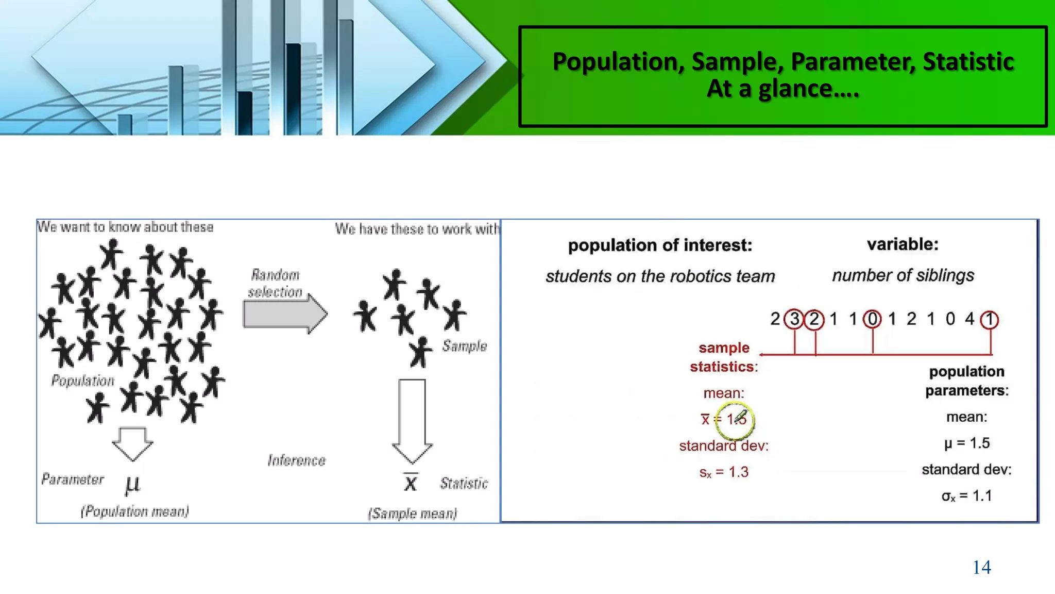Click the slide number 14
pyautogui.click(x=981, y=567)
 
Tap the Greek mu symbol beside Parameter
pyautogui.click(x=132, y=485)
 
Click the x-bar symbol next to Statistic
pyautogui.click(x=411, y=483)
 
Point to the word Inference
pyautogui.click(x=296, y=460)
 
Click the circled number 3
pyautogui.click(x=794, y=319)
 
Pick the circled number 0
pyautogui.click(x=872, y=319)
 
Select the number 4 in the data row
pyautogui.click(x=969, y=319)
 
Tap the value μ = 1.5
pyautogui.click(x=967, y=443)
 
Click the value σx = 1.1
pyautogui.click(x=966, y=496)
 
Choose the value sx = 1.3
pyautogui.click(x=724, y=472)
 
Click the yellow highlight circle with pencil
pyautogui.click(x=736, y=419)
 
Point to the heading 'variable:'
pyautogui.click(x=903, y=244)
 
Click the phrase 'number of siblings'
pyautogui.click(x=903, y=275)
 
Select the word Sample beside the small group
pyautogui.click(x=464, y=346)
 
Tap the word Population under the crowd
pyautogui.click(x=83, y=381)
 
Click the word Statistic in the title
pyautogui.click(x=968, y=62)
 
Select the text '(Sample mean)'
pyautogui.click(x=412, y=514)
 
